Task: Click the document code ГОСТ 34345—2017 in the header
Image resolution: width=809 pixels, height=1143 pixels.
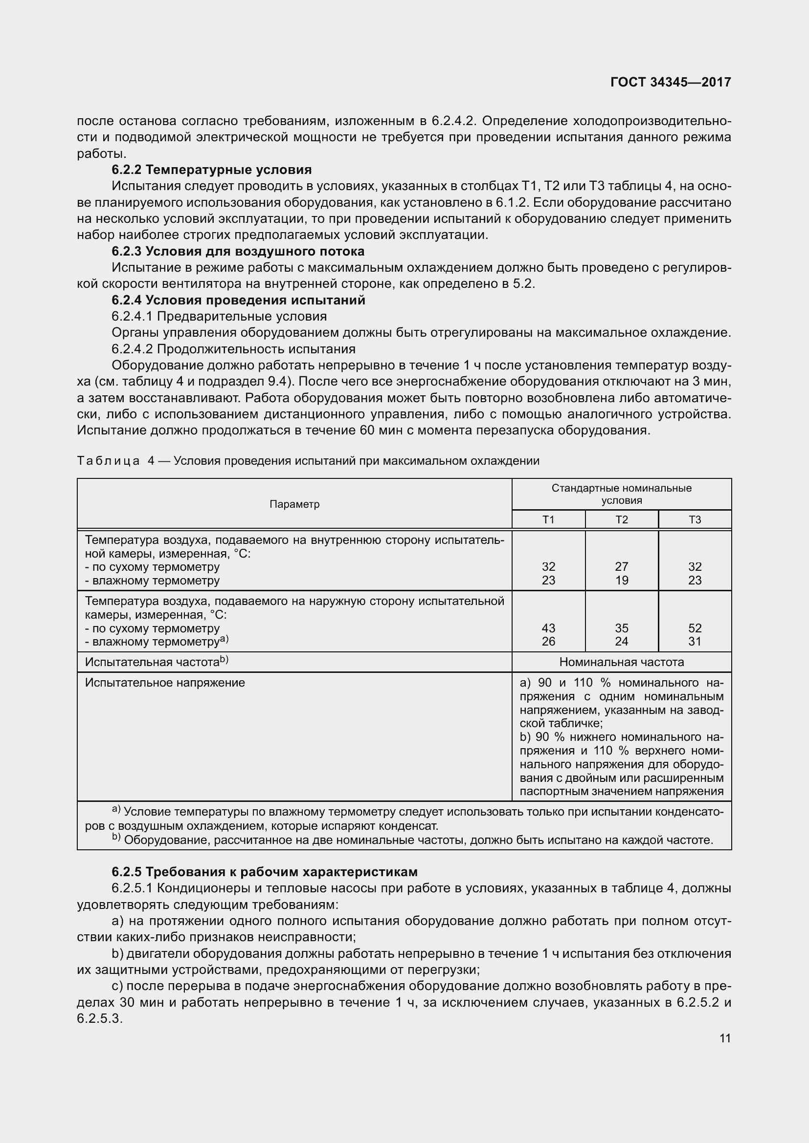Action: (671, 82)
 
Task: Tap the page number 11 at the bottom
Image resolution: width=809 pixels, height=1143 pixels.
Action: (725, 1038)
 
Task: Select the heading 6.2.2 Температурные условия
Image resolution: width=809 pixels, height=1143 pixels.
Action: (211, 170)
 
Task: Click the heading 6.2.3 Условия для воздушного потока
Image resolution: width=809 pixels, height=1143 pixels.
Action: (238, 251)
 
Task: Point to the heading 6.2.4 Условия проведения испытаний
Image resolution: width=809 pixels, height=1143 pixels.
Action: (238, 300)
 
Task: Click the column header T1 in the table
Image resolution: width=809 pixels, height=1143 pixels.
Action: (548, 520)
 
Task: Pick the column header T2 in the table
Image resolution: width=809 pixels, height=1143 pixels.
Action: (621, 520)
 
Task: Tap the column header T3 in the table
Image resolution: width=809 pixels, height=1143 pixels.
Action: (695, 520)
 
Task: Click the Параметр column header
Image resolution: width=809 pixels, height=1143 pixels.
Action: (294, 504)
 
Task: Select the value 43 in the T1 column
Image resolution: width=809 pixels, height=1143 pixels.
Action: (548, 628)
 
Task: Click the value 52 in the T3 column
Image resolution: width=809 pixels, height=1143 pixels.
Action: (695, 628)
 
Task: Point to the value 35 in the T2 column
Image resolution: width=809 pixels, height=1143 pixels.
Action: (621, 628)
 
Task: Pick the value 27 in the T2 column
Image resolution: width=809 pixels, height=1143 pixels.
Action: (621, 566)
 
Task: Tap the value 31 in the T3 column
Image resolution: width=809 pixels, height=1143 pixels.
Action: (695, 641)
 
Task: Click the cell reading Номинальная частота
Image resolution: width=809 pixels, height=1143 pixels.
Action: (621, 662)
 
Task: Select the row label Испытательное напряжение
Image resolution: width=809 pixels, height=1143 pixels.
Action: (165, 682)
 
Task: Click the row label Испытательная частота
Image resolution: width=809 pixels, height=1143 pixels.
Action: (153, 662)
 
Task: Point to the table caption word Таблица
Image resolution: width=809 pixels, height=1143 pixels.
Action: (108, 460)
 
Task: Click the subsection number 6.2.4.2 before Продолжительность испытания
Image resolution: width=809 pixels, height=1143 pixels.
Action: (132, 348)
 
